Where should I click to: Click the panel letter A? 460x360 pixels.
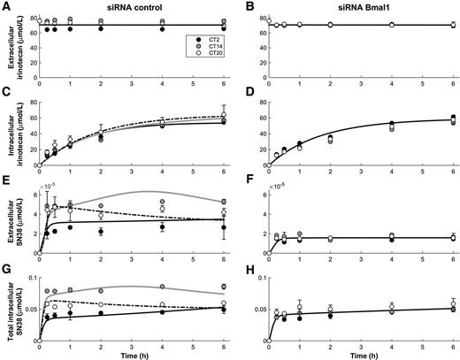(x=6, y=6)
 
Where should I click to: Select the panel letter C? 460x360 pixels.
(x=6, y=91)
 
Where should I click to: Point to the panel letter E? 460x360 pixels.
(x=6, y=177)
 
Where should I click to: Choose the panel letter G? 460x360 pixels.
(x=6, y=263)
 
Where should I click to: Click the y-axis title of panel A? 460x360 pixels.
(x=11, y=43)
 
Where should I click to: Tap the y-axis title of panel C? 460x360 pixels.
(x=11, y=129)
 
